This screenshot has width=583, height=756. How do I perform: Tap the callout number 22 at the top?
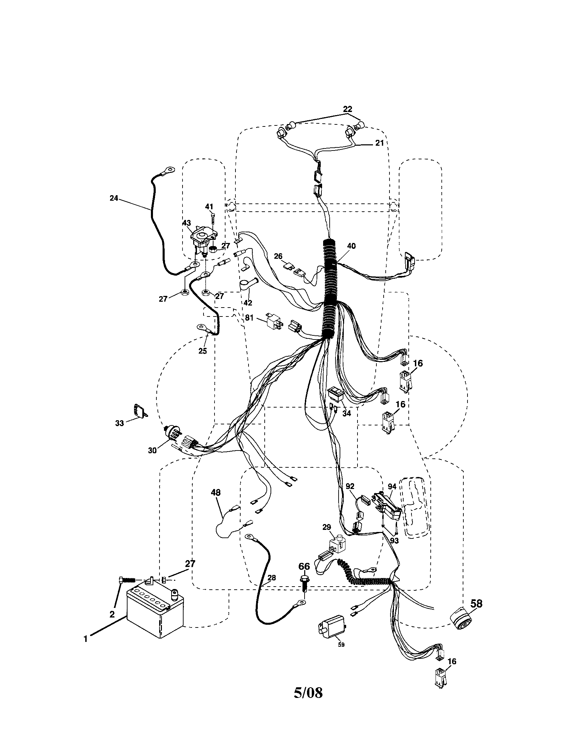point(348,109)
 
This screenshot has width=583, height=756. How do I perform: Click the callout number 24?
point(113,198)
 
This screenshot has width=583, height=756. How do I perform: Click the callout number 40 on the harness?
point(351,246)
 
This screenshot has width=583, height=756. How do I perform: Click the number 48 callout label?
point(215,492)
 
